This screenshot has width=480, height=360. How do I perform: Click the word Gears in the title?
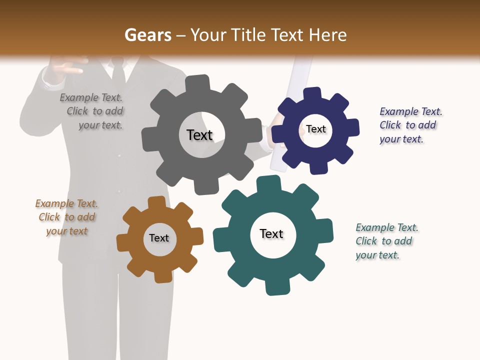147,35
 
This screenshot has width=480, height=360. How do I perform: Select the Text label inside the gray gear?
199,135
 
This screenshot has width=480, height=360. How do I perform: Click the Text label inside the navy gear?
316,129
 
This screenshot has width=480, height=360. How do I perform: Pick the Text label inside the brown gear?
159,238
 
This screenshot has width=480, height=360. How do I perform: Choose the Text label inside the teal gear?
271,233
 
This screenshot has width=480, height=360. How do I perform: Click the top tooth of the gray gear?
197,83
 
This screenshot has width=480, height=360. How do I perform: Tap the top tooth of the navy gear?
312,94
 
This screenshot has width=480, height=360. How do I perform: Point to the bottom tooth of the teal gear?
277,287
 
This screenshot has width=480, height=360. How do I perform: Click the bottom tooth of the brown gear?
163,276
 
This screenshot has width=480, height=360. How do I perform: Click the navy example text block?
410,125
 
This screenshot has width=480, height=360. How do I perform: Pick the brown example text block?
66,217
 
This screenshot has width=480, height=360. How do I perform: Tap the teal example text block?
386,241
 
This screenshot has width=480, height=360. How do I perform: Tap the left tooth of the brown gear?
123,243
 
